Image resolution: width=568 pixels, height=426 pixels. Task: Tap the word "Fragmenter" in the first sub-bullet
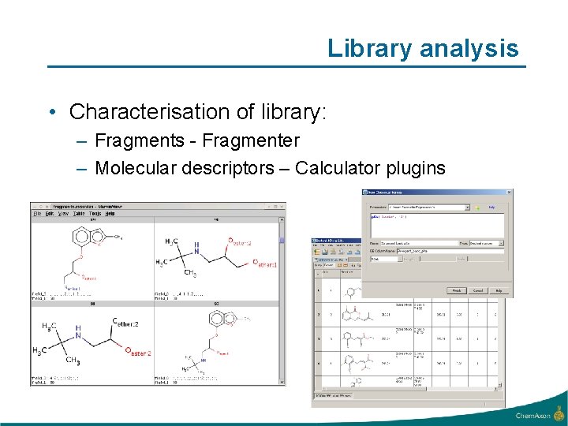(251, 141)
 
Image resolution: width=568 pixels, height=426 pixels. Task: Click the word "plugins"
(416, 168)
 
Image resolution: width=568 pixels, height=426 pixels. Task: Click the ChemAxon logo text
(534, 415)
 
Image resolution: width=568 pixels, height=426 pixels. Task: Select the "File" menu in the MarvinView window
(36, 213)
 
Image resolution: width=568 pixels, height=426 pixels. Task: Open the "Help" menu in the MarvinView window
(110, 213)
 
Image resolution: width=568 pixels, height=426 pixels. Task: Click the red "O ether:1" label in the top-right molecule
(263, 265)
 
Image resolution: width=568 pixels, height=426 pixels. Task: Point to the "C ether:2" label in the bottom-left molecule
(126, 323)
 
